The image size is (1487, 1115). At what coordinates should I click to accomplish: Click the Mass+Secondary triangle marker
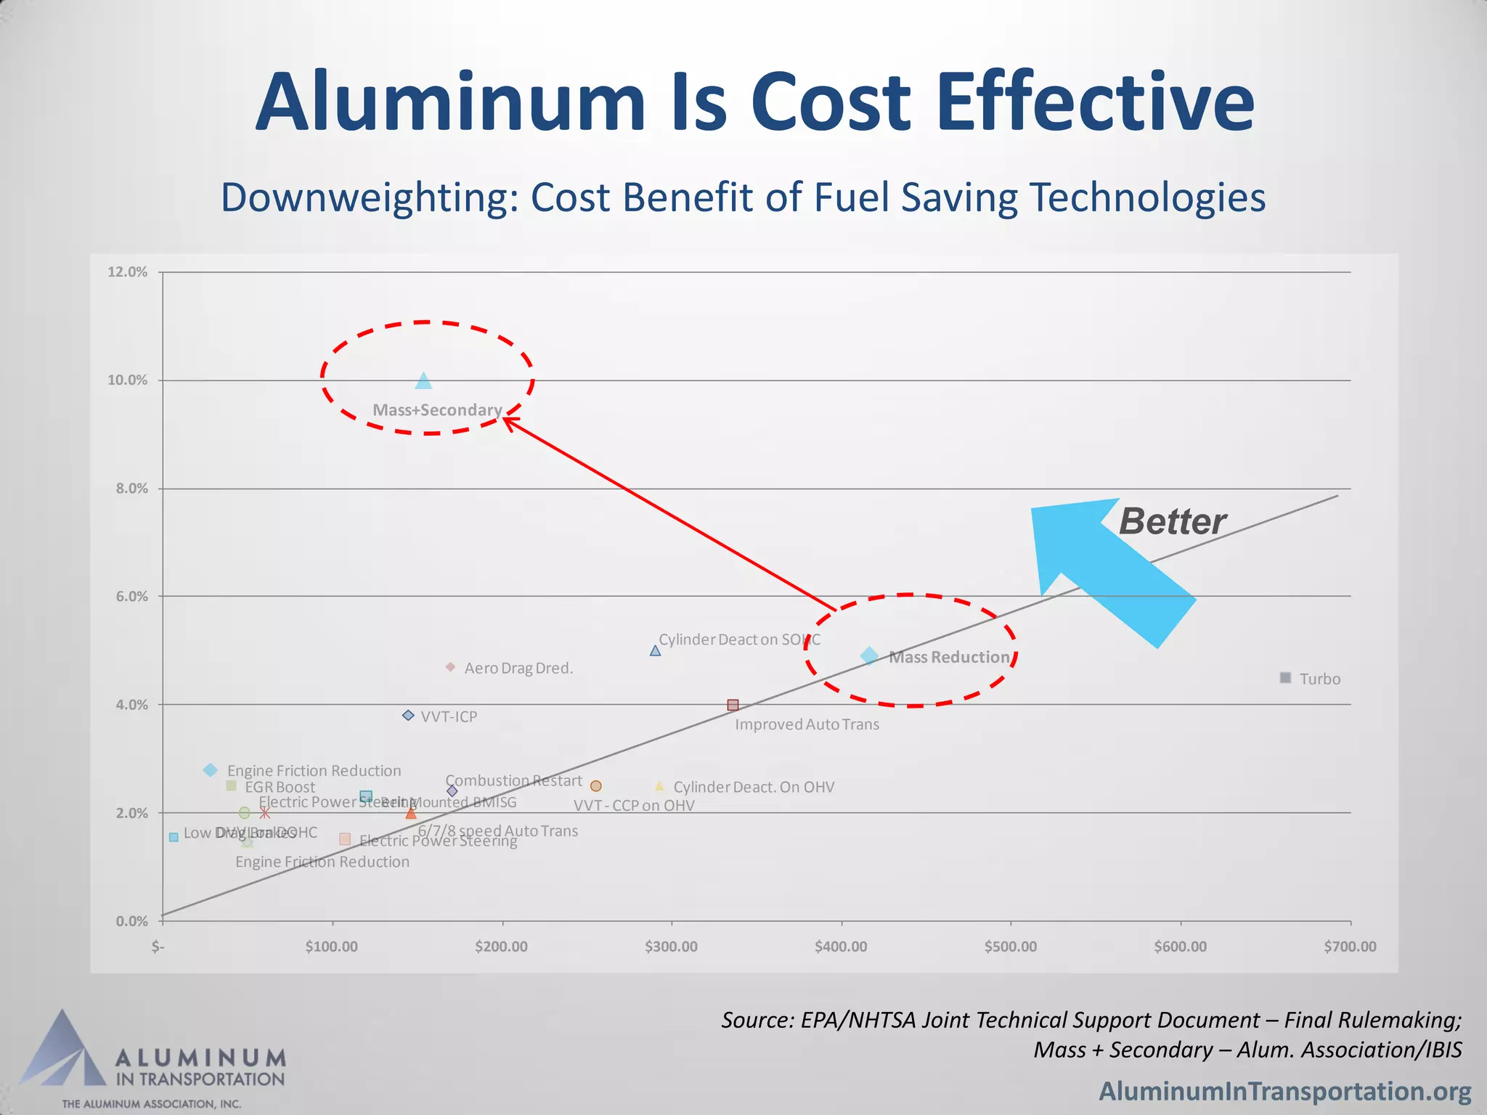click(x=423, y=381)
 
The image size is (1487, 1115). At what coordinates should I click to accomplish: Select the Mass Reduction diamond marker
click(x=869, y=656)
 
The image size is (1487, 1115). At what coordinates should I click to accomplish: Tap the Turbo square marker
click(x=1285, y=677)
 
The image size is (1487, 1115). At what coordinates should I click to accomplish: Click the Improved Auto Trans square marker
click(x=733, y=705)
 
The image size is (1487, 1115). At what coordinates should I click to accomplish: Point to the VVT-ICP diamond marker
click(x=408, y=716)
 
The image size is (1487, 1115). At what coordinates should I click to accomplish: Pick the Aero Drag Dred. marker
click(x=450, y=666)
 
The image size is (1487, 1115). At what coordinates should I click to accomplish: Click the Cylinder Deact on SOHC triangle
click(x=655, y=650)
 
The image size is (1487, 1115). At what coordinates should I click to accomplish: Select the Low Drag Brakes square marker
click(x=174, y=837)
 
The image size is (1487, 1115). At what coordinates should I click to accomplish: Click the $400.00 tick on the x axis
click(x=841, y=947)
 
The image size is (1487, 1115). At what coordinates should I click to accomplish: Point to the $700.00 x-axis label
click(x=1350, y=947)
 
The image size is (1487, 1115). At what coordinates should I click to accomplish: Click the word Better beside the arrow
click(x=1171, y=522)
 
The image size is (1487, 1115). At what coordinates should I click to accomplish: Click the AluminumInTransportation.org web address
click(x=1284, y=1091)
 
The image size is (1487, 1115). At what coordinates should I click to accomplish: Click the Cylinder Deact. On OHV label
click(x=754, y=787)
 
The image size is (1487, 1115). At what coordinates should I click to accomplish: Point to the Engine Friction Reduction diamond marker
click(x=211, y=769)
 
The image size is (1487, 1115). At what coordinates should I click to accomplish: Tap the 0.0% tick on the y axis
click(x=131, y=921)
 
